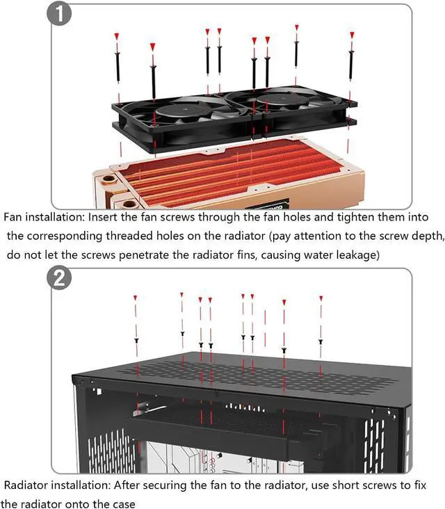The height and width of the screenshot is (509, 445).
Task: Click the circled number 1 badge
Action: click(59, 15)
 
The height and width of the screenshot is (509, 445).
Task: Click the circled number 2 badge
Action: click(59, 278)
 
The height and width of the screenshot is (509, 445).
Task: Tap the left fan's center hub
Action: click(184, 109)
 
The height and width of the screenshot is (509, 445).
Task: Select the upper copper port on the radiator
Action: click(108, 179)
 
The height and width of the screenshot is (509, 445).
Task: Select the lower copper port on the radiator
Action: click(129, 204)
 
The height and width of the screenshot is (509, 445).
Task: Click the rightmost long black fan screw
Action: click(351, 65)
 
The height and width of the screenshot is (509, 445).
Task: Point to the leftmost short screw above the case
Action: click(137, 341)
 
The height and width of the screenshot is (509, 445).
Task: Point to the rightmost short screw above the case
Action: click(321, 341)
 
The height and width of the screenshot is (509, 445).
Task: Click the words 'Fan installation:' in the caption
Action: click(44, 217)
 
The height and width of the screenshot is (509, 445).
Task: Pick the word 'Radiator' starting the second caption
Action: click(26, 485)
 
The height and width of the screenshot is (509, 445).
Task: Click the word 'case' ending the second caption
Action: click(123, 504)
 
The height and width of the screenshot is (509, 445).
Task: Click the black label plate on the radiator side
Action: click(268, 204)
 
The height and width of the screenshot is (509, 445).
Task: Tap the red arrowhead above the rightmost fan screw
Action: click(352, 35)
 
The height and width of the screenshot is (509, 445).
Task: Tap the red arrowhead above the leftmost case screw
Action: click(136, 298)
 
